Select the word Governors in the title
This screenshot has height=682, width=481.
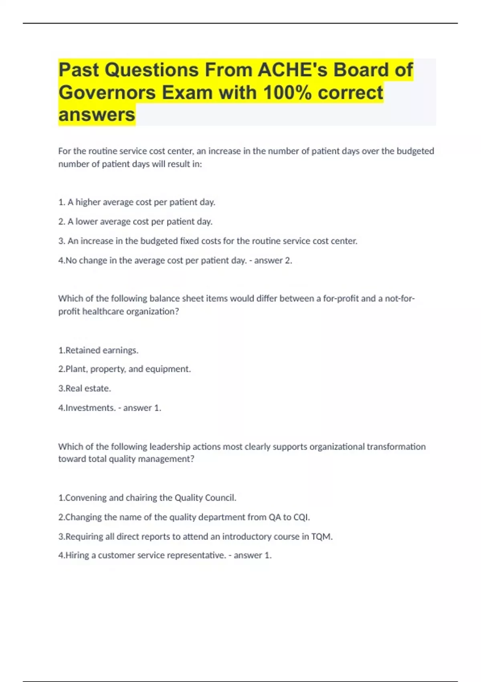pos(107,93)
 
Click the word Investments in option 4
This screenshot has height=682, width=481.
pos(90,408)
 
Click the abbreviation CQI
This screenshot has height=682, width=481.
pos(301,517)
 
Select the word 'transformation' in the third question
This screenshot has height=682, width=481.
pos(396,447)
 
